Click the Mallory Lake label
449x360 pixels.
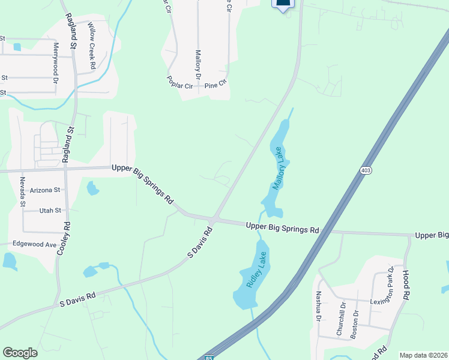281,174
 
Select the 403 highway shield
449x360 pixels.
366,170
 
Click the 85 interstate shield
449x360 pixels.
209,358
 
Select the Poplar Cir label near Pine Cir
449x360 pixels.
181,86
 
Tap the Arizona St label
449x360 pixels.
45,190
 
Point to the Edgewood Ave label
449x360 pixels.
35,245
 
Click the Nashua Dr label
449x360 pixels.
318,306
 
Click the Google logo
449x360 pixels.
20,353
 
